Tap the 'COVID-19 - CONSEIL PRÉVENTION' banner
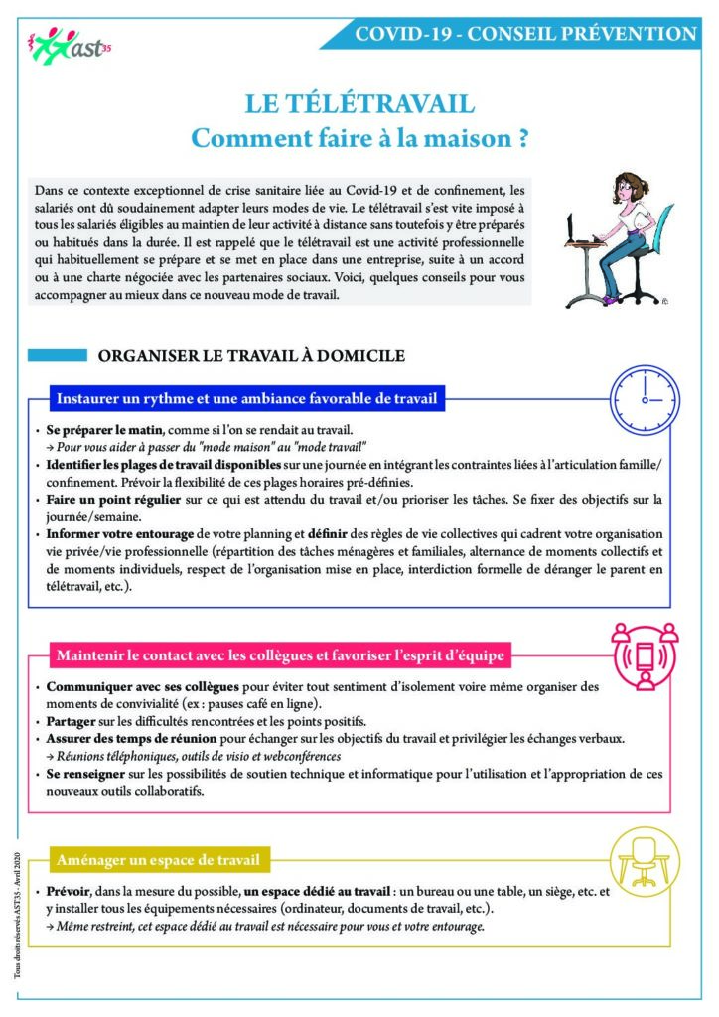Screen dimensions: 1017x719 (x=525, y=33)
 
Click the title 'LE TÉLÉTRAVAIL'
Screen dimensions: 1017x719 (x=359, y=104)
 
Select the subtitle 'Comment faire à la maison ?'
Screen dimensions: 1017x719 (x=359, y=138)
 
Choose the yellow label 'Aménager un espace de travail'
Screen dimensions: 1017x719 (x=159, y=859)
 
